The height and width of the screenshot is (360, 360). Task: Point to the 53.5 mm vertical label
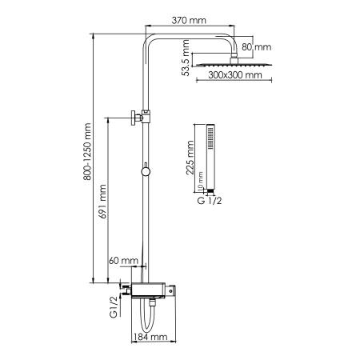(x=186, y=60)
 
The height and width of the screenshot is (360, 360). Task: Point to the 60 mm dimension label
(x=126, y=262)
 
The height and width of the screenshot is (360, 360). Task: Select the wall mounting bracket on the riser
(x=138, y=118)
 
